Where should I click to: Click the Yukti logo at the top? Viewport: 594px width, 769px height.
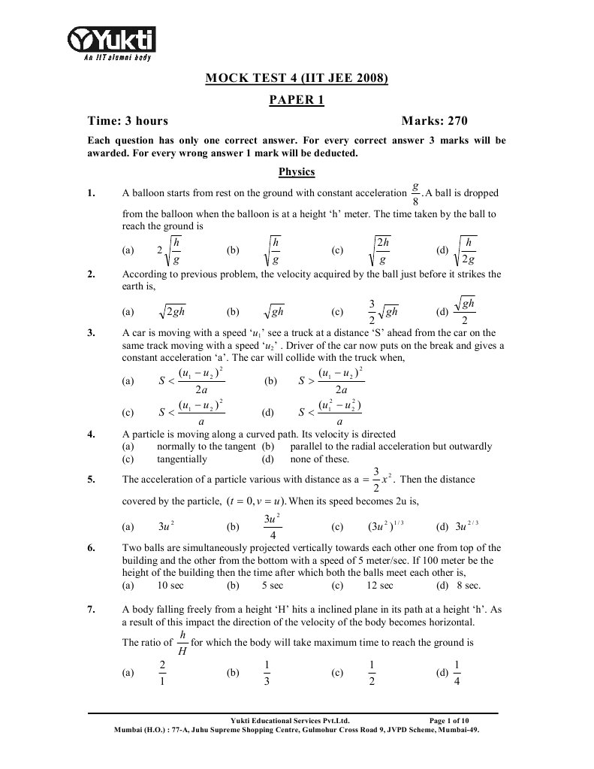click(x=113, y=41)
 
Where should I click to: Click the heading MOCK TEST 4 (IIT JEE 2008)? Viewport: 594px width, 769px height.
click(x=297, y=77)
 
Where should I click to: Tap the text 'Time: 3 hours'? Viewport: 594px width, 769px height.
click(x=128, y=121)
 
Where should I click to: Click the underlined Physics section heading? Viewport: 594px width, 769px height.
click(x=297, y=172)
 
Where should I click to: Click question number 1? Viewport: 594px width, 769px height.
click(x=92, y=193)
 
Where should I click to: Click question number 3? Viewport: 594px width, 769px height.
click(x=92, y=332)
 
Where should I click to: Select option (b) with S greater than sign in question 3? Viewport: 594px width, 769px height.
click(x=331, y=381)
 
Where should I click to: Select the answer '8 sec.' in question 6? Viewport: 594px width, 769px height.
click(x=468, y=585)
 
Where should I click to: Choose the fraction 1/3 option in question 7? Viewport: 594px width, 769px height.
click(x=267, y=674)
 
